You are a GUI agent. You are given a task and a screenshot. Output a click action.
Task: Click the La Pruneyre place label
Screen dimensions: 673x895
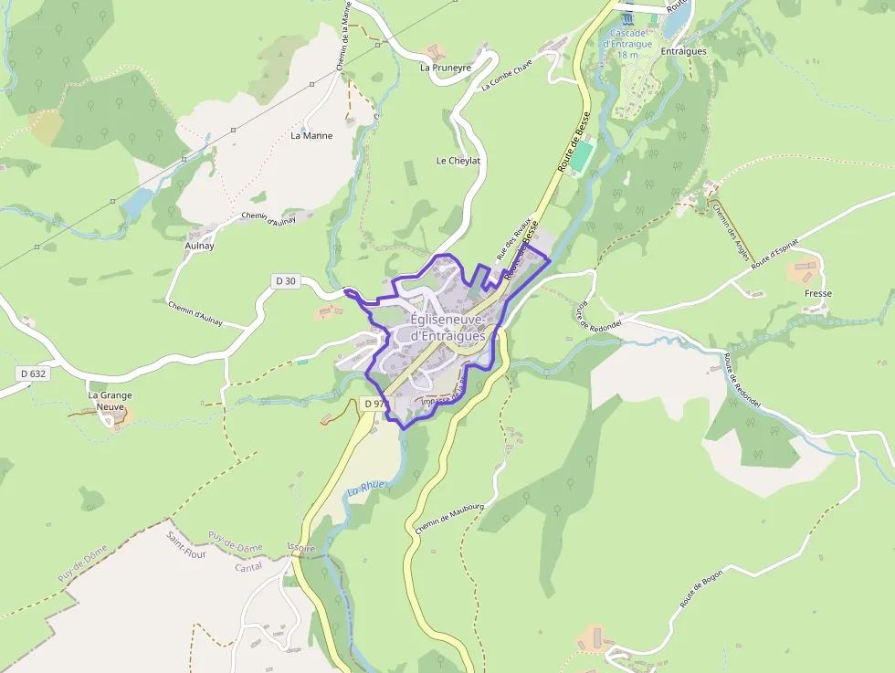[x=446, y=68]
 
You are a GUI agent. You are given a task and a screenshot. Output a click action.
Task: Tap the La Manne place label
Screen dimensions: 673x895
[x=311, y=136]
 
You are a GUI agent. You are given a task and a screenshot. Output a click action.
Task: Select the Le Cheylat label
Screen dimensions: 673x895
[x=458, y=161]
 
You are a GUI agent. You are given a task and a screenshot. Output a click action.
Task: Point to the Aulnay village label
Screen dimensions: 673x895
[x=199, y=247]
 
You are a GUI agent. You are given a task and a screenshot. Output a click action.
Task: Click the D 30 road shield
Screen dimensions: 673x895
[x=286, y=281]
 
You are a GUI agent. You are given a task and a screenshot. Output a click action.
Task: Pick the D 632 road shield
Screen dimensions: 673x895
[x=32, y=373]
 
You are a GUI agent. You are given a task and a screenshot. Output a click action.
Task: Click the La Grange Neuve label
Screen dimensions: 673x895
[x=110, y=402]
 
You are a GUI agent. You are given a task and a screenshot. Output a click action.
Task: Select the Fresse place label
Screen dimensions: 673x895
[x=818, y=294]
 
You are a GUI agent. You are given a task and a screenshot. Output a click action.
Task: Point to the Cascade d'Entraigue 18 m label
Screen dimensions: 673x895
[x=627, y=44]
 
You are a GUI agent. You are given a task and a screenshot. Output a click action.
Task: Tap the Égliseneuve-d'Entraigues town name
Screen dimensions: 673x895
[x=448, y=328]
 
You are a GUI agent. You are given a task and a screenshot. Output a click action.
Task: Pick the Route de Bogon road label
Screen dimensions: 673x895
[x=701, y=594]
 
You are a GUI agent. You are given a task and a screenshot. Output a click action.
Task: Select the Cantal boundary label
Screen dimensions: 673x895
[x=248, y=567]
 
